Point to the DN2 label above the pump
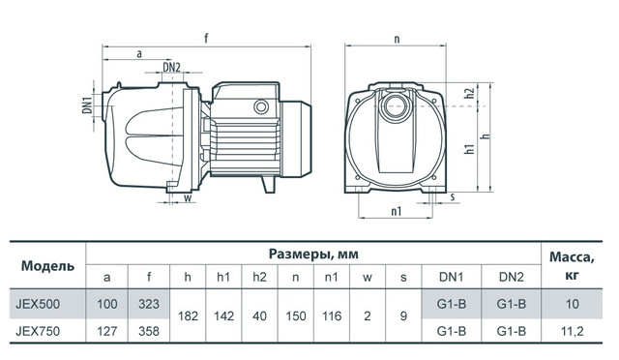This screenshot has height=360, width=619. (x=172, y=68)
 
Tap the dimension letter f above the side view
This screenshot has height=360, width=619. (x=206, y=39)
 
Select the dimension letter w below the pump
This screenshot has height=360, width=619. (x=188, y=197)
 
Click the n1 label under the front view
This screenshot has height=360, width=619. (x=396, y=211)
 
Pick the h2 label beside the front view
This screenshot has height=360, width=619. (x=469, y=94)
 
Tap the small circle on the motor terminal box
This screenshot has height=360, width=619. (x=261, y=106)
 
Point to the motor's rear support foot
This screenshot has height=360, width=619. (x=269, y=184)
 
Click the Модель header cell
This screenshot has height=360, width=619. (x=47, y=265)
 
